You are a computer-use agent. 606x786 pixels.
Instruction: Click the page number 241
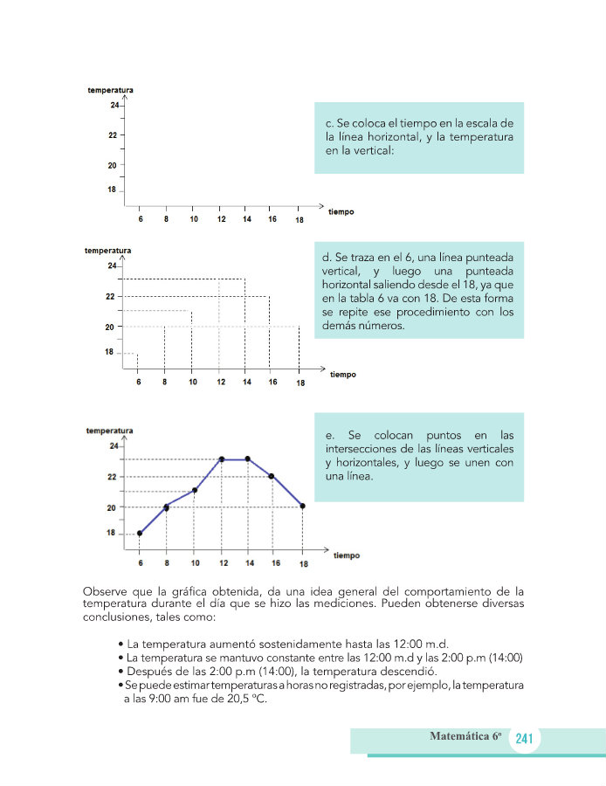(524, 739)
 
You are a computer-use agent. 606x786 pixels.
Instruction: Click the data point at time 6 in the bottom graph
(140, 534)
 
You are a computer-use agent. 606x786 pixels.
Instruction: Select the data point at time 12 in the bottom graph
(222, 459)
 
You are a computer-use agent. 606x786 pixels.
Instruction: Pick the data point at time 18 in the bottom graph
(302, 506)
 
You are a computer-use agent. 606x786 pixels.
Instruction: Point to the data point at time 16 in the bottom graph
(272, 476)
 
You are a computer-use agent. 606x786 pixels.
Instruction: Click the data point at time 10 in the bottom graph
(195, 490)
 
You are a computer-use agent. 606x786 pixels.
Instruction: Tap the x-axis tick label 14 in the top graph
(246, 219)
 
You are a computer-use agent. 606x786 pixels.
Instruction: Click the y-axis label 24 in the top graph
(114, 106)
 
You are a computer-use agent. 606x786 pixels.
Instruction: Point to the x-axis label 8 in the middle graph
(166, 383)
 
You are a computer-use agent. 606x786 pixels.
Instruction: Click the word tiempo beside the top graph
(341, 212)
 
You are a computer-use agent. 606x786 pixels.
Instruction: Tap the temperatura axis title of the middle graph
(107, 251)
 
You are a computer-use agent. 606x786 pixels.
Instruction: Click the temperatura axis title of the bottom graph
(109, 431)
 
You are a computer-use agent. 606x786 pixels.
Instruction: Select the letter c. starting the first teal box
(327, 123)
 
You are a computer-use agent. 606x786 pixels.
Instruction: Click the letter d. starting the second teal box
(327, 259)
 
